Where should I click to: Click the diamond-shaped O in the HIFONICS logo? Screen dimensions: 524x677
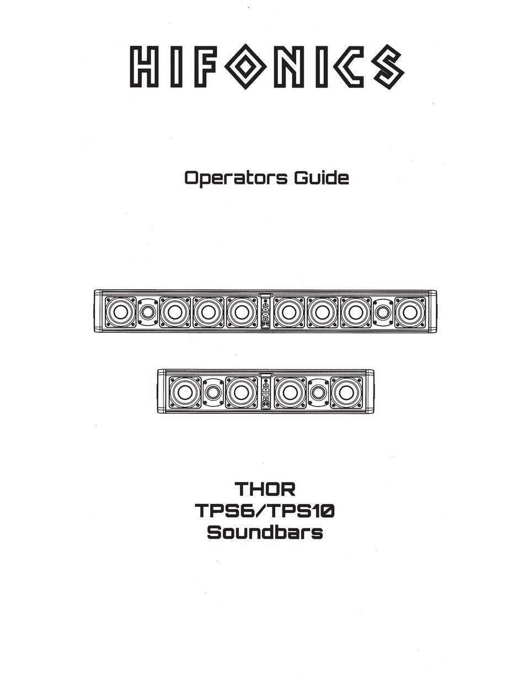coord(245,66)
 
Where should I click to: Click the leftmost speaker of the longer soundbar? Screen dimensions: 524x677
coord(120,312)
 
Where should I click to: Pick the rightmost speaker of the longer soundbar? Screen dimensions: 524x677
coord(410,312)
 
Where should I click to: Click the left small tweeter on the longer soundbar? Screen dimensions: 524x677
coord(148,312)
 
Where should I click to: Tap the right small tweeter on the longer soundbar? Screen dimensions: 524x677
coord(383,312)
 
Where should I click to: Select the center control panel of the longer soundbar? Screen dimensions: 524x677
coord(265,312)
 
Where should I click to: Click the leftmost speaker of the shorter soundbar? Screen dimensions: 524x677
coord(185,392)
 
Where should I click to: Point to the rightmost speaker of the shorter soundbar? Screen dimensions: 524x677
coord(346,392)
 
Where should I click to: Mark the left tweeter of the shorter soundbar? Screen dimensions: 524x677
coord(213,392)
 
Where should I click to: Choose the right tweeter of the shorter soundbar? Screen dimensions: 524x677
coord(318,392)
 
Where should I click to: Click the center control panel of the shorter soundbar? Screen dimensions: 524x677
coord(265,392)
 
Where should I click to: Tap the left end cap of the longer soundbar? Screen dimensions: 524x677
coord(98,312)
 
